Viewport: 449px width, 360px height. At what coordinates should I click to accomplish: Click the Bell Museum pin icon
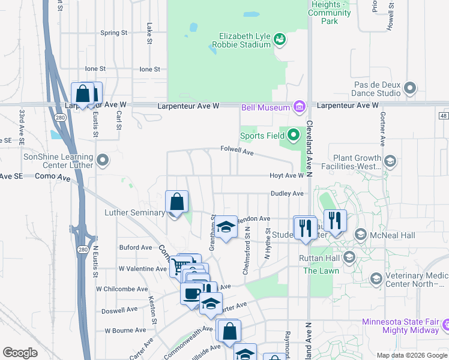click(299, 107)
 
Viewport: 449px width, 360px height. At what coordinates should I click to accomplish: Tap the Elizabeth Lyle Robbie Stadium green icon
click(279, 40)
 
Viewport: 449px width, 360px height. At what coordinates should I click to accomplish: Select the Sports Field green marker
click(294, 136)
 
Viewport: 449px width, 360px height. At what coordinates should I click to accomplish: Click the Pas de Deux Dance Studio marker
click(411, 88)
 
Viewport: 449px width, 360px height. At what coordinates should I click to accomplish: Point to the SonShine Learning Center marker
click(103, 160)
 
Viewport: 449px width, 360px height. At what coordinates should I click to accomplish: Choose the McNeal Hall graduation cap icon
click(361, 234)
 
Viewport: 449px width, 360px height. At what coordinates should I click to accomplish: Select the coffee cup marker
click(191, 294)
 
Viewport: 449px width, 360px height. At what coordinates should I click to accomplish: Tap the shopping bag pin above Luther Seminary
click(177, 202)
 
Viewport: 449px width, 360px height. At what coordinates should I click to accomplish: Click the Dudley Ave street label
click(288, 194)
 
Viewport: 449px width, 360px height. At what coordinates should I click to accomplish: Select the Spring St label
click(114, 33)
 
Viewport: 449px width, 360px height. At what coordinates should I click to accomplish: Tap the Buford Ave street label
click(135, 247)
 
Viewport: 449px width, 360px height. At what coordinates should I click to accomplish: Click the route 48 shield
click(444, 115)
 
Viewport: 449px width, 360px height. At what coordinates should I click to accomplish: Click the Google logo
click(20, 353)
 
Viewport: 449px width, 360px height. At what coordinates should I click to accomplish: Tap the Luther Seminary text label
click(134, 212)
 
